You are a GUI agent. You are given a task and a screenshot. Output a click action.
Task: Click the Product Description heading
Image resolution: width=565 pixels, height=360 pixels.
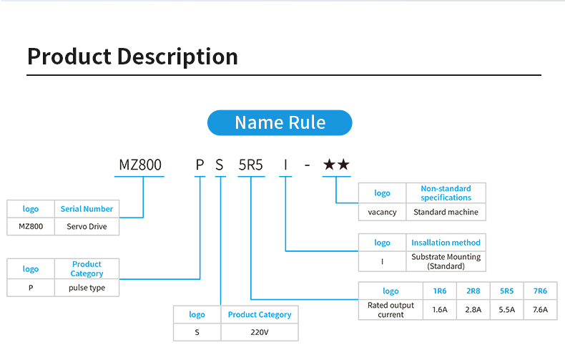[132, 57]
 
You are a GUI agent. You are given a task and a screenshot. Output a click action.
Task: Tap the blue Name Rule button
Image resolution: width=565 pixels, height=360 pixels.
[280, 122]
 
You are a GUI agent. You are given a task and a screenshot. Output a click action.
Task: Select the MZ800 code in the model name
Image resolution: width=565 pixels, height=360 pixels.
[140, 165]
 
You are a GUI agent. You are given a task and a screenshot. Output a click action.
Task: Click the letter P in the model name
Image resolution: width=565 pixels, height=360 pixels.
[200, 165]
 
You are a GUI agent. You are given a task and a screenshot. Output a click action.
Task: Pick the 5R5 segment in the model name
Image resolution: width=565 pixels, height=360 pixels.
[251, 165]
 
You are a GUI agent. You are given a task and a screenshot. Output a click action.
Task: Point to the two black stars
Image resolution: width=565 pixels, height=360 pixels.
[336, 165]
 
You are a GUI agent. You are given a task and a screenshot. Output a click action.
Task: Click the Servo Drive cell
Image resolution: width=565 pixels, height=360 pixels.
[87, 226]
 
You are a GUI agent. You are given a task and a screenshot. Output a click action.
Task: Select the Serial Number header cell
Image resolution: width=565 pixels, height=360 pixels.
[87, 209]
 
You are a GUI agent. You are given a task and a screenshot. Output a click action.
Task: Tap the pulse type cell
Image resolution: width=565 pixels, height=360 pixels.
[87, 288]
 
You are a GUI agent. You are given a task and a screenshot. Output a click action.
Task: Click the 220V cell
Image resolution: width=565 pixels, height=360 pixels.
[259, 332]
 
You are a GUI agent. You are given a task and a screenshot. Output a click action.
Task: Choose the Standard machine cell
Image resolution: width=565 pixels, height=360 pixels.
[446, 212]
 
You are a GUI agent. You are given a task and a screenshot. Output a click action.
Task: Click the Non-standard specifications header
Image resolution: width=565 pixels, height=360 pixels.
[446, 193]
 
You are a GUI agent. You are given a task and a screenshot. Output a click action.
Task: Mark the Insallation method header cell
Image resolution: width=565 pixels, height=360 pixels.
[446, 243]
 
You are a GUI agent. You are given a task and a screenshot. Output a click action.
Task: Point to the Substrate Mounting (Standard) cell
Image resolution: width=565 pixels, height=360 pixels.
[446, 261]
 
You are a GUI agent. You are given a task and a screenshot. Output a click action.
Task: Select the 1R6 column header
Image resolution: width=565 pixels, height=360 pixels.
[439, 291]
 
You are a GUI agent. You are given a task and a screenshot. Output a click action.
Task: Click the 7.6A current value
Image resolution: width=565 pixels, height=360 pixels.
[540, 310]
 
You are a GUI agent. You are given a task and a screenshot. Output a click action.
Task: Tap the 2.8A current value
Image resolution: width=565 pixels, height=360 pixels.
[473, 310]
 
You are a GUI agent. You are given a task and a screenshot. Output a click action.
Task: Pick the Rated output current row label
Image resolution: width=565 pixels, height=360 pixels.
[390, 310]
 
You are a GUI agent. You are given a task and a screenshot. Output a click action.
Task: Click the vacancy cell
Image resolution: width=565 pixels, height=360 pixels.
[382, 212]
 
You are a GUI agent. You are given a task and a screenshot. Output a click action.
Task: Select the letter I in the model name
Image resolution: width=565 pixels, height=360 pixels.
[286, 165]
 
